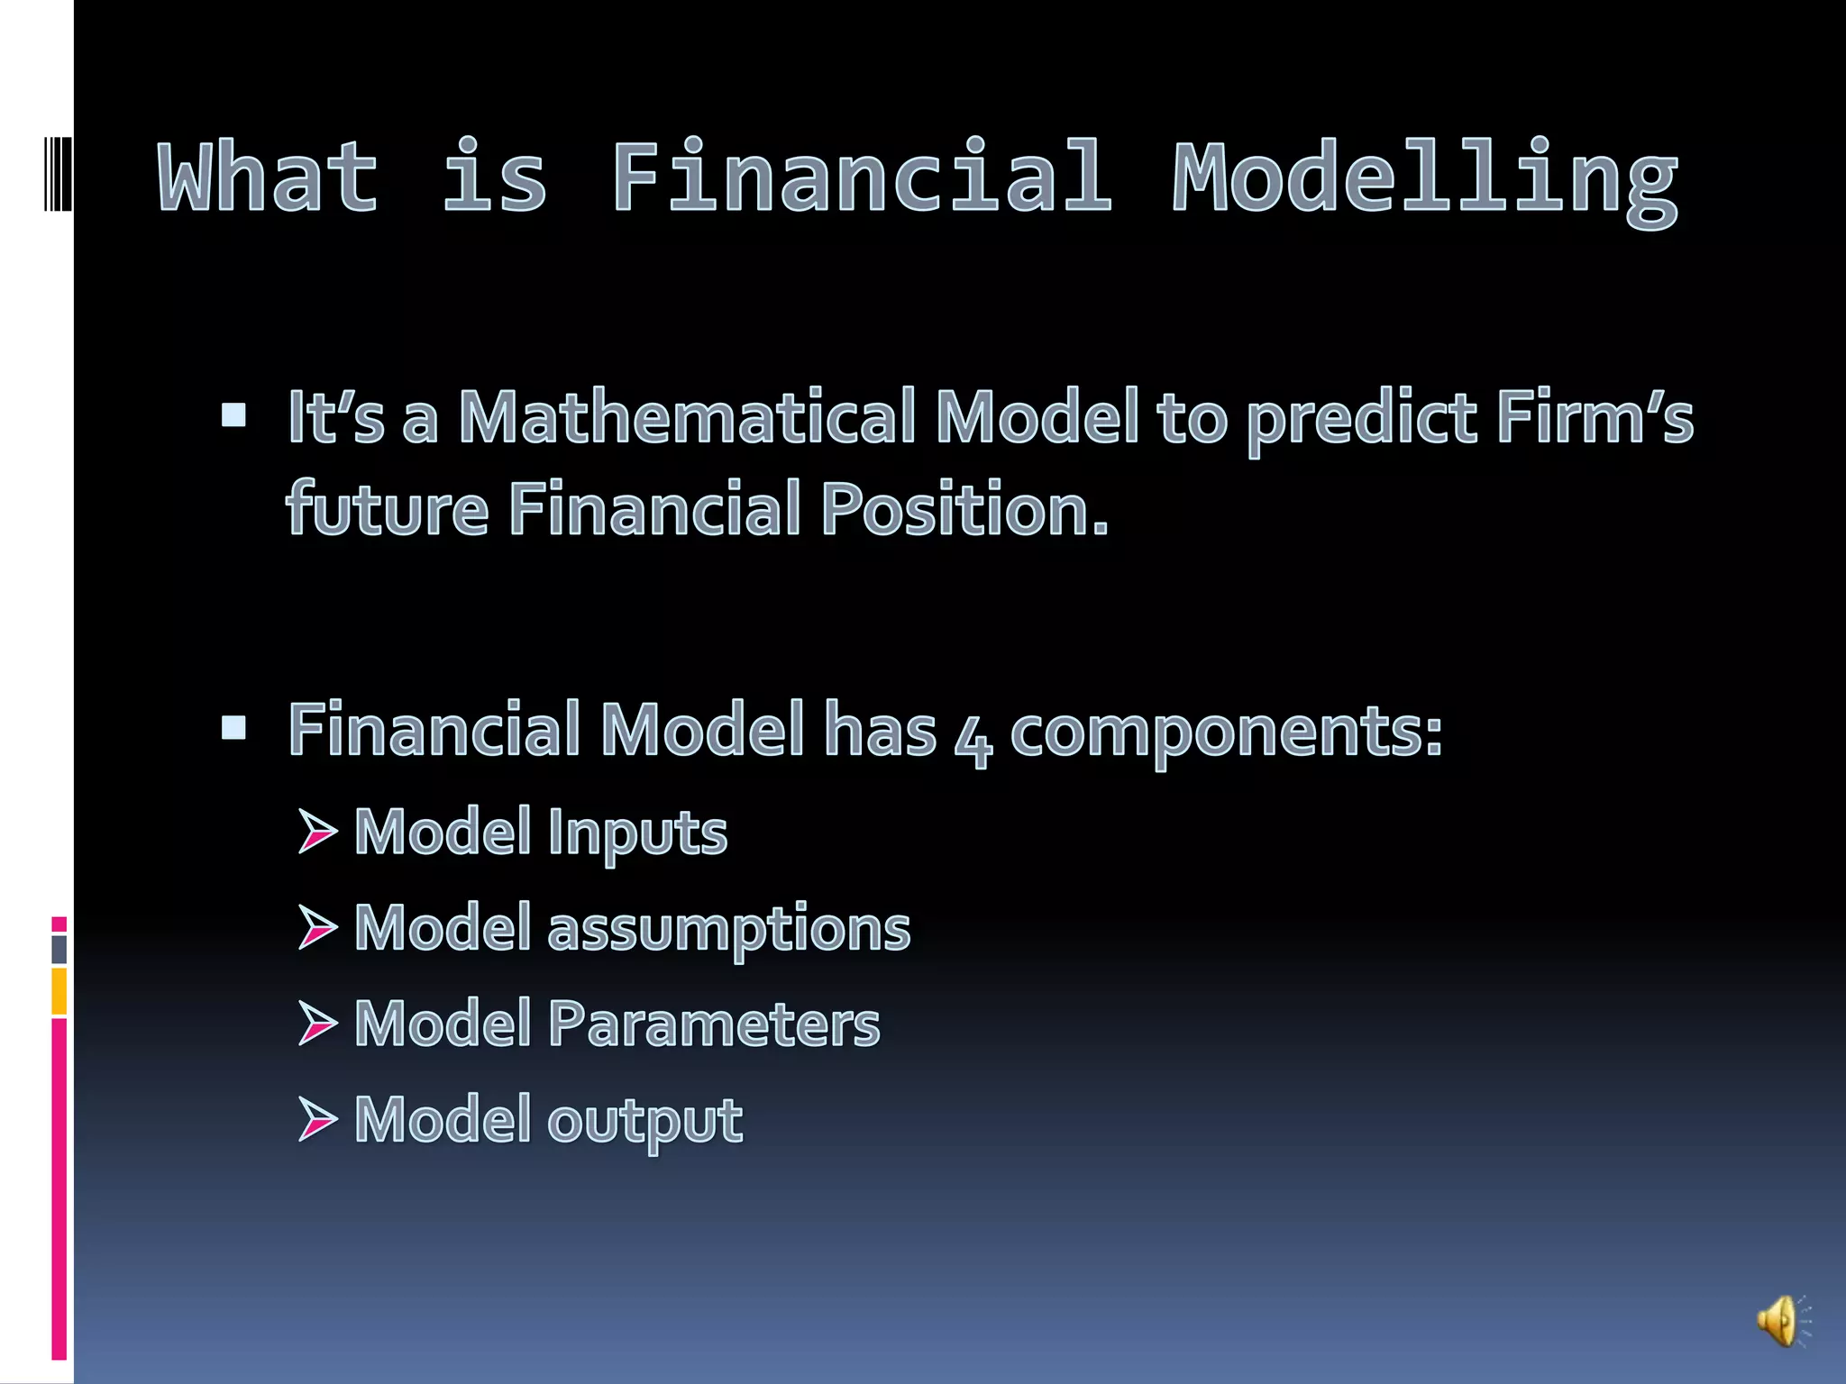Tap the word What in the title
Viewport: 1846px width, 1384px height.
coord(268,178)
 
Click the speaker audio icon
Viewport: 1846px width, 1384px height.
coord(1781,1322)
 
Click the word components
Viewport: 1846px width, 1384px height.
coord(1226,732)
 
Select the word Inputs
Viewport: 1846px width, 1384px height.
coord(636,833)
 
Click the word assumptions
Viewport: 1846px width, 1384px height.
coord(728,928)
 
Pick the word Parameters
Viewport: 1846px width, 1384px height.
coord(713,1024)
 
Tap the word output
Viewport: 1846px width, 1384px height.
coord(644,1122)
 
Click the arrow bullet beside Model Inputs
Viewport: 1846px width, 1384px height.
coord(316,831)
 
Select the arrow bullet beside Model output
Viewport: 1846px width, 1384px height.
coord(316,1120)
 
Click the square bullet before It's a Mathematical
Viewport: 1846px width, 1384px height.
coord(233,414)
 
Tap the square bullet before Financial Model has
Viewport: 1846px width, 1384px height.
coord(233,727)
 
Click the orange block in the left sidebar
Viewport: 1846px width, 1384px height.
coord(59,991)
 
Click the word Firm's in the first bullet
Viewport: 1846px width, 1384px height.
coord(1595,418)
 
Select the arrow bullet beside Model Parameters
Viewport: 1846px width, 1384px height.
coord(316,1024)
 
